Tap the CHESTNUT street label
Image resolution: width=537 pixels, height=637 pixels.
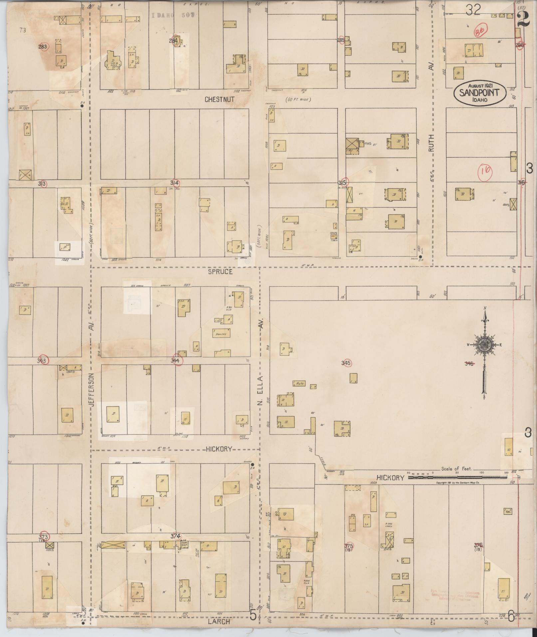click(x=219, y=99)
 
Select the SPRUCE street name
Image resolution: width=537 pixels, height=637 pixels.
click(x=220, y=271)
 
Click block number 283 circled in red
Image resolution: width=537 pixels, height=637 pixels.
click(x=43, y=47)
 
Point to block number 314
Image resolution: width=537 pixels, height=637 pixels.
click(x=174, y=183)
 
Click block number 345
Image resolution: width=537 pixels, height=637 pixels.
click(x=346, y=363)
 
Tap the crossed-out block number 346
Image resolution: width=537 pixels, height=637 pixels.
click(x=469, y=364)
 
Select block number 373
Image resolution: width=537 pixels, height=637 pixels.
click(x=44, y=537)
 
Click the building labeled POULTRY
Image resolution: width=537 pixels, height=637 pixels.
click(x=221, y=334)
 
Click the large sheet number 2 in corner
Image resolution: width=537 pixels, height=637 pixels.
click(x=524, y=19)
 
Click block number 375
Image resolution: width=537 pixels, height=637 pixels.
click(x=348, y=546)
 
